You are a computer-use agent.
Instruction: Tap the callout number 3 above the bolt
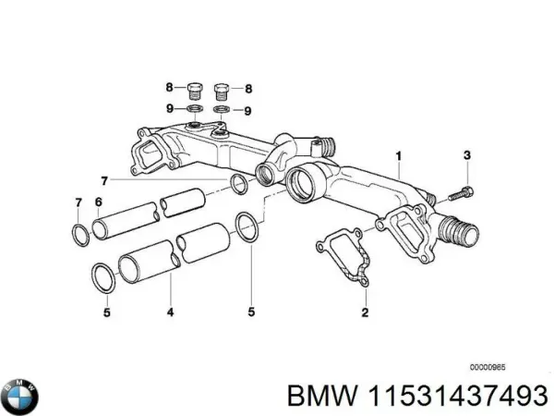(x=467, y=154)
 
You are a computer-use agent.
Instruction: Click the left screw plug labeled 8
(x=195, y=91)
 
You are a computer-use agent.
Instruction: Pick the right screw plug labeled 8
(x=223, y=91)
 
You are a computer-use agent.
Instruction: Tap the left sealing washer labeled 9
(x=195, y=111)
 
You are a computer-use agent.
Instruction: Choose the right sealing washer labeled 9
(x=223, y=111)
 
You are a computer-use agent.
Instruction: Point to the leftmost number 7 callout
(x=77, y=202)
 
